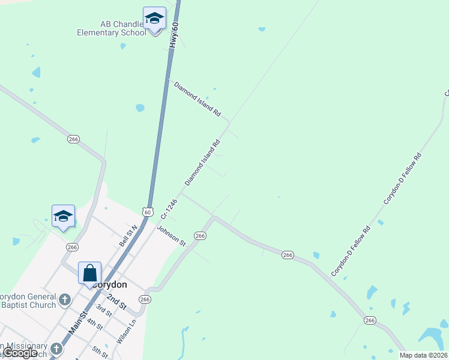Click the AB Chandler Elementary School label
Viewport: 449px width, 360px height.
click(111, 28)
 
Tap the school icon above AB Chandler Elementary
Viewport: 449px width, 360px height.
click(154, 18)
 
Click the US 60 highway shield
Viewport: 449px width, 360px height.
click(148, 211)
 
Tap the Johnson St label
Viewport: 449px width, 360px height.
click(172, 235)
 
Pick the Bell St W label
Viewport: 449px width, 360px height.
click(128, 236)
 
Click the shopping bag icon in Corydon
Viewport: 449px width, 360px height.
click(89, 273)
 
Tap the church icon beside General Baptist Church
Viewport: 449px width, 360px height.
click(65, 298)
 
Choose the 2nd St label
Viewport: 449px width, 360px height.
click(116, 301)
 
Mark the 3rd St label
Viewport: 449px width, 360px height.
click(104, 311)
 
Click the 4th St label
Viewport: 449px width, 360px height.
click(95, 325)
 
